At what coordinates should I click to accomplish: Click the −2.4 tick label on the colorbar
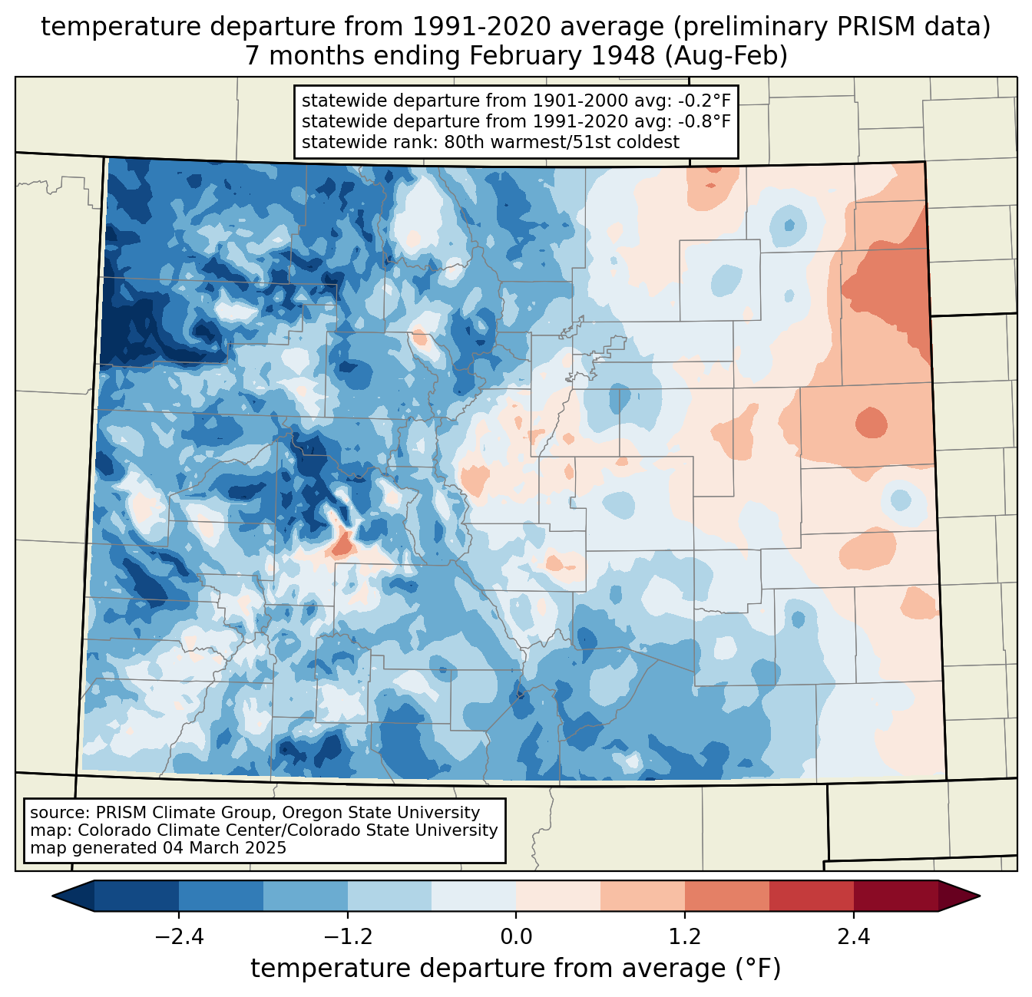tap(179, 937)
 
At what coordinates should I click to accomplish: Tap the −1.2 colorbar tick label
tap(347, 937)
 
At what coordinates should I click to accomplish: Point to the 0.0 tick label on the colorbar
tap(516, 937)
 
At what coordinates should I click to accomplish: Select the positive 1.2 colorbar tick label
tap(685, 937)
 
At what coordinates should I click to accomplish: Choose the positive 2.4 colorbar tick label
tap(853, 937)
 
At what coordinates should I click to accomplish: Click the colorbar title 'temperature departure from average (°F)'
tap(516, 969)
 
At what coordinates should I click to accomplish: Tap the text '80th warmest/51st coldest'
tap(561, 142)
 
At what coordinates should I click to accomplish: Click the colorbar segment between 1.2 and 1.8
tap(726, 896)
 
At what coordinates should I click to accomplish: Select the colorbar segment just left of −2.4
tap(137, 896)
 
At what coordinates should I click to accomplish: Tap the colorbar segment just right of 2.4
tap(895, 896)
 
